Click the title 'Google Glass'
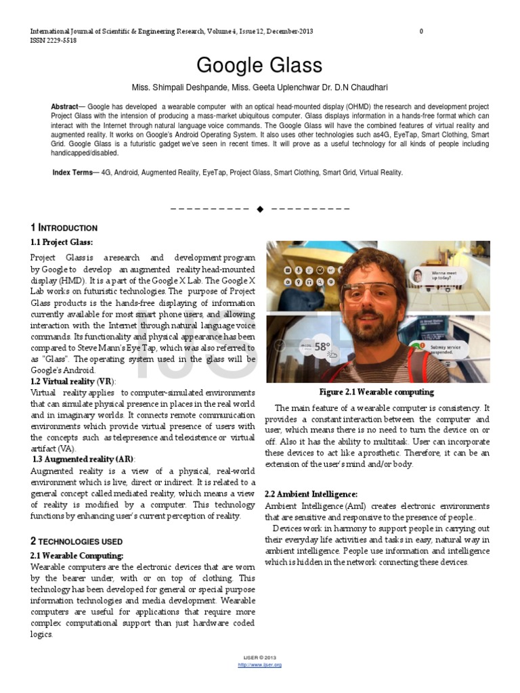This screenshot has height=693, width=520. click(259, 66)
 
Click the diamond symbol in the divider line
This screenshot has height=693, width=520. click(260, 208)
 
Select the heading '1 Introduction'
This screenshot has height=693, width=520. click(64, 228)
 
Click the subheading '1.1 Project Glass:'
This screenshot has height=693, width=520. click(62, 242)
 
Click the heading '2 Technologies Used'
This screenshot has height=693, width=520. click(77, 541)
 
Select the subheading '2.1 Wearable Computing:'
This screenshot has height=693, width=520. click(77, 556)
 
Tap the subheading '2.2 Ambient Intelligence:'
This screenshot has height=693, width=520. click(311, 494)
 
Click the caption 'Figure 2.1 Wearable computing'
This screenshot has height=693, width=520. click(376, 392)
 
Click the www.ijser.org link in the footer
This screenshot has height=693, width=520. click(259, 665)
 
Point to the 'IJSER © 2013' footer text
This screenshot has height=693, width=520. click(259, 658)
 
